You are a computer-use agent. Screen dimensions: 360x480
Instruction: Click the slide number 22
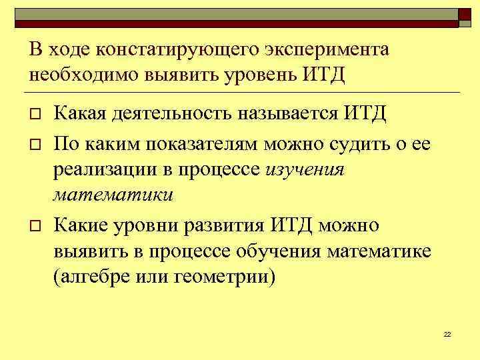[447, 333]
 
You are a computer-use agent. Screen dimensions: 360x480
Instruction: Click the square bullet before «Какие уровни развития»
[35, 227]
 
